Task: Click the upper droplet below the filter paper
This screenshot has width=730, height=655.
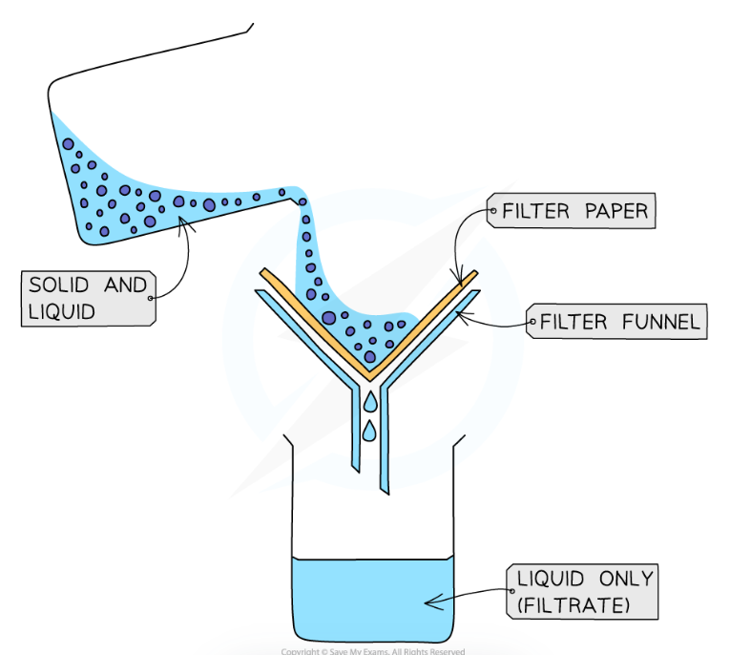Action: [x=368, y=399]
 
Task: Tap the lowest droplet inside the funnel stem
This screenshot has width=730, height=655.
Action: [x=368, y=432]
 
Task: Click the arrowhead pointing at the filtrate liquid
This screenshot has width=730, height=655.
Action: [x=428, y=602]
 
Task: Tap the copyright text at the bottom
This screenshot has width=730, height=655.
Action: [x=372, y=651]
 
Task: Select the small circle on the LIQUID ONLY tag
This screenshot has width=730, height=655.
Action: [x=511, y=591]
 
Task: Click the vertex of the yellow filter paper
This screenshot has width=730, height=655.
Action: [x=367, y=375]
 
